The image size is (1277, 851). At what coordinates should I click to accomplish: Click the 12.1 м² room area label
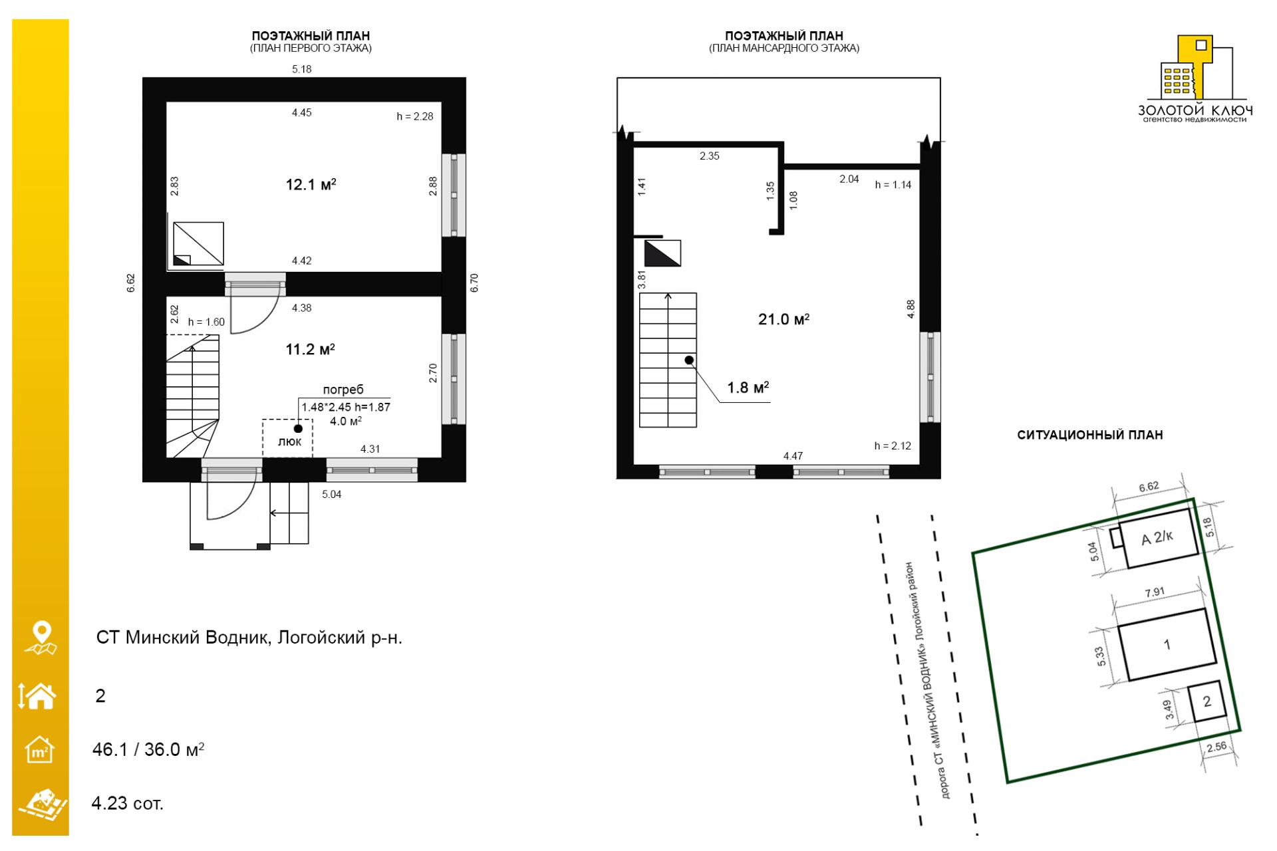(x=311, y=184)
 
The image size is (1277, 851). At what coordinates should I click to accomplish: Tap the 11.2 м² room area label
(x=310, y=349)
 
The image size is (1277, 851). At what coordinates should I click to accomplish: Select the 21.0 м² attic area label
(x=783, y=319)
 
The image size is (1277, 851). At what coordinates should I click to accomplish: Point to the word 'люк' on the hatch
(x=289, y=441)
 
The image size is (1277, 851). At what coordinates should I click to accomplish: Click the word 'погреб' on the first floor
(x=343, y=390)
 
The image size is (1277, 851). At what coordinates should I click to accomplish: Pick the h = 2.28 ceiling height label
(x=415, y=116)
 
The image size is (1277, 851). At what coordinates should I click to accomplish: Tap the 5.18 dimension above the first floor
(x=302, y=69)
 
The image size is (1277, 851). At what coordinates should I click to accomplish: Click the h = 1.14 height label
(x=893, y=185)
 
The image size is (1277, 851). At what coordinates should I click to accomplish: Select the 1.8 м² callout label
(x=748, y=388)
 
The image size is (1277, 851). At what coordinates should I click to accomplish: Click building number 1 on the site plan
(x=1167, y=644)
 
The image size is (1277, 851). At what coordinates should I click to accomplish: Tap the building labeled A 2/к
(x=1158, y=538)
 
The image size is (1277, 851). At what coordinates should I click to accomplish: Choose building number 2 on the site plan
(x=1207, y=701)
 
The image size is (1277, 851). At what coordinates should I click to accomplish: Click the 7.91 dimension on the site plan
(x=1155, y=592)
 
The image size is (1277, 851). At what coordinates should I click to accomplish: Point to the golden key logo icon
(x=1195, y=68)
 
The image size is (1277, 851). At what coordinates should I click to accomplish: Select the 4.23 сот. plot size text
(x=127, y=803)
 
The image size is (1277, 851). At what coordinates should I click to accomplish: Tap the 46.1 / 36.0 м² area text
(x=148, y=749)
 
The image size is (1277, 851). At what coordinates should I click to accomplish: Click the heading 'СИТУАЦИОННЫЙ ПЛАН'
(x=1090, y=435)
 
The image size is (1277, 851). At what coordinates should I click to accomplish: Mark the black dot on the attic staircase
(x=690, y=360)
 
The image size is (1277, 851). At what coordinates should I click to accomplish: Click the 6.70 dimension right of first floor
(x=474, y=283)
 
